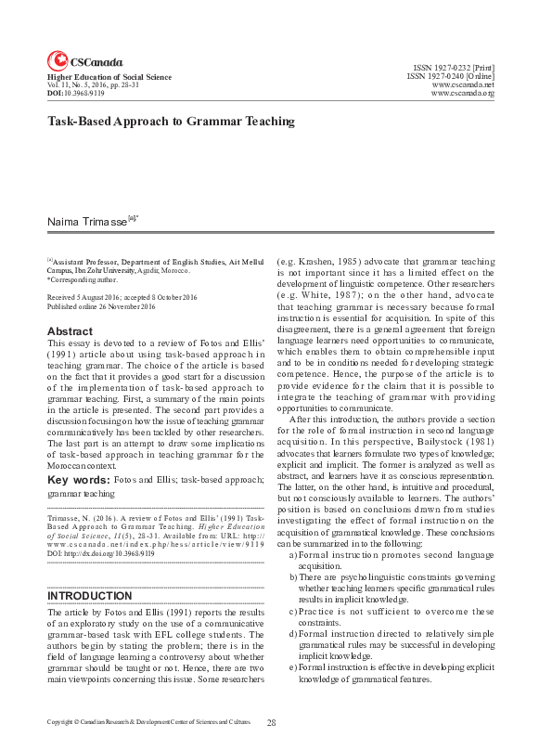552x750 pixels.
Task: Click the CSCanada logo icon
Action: pyautogui.click(x=57, y=60)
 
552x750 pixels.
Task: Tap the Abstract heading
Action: pyautogui.click(x=70, y=330)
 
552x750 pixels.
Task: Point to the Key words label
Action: pyautogui.click(x=78, y=480)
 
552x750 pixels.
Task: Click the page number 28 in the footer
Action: pyautogui.click(x=272, y=722)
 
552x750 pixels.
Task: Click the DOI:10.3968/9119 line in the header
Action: pyautogui.click(x=75, y=94)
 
